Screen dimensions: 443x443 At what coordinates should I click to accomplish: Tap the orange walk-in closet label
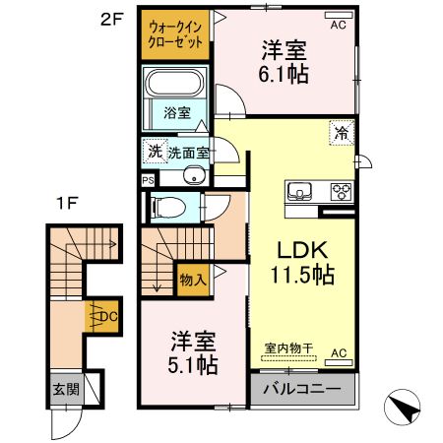(171, 37)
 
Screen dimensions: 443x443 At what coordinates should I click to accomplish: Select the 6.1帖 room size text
(283, 74)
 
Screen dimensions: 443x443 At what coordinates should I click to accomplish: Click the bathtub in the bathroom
(174, 85)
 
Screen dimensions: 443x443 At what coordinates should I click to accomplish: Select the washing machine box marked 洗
(154, 152)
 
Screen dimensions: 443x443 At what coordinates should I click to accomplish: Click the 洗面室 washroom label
(187, 153)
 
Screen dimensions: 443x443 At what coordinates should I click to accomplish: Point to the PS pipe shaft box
(148, 181)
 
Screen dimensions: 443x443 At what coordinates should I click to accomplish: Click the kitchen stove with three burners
(341, 190)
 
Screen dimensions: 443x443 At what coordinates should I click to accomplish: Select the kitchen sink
(298, 190)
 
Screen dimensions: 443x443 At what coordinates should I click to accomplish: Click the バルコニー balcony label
(305, 390)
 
